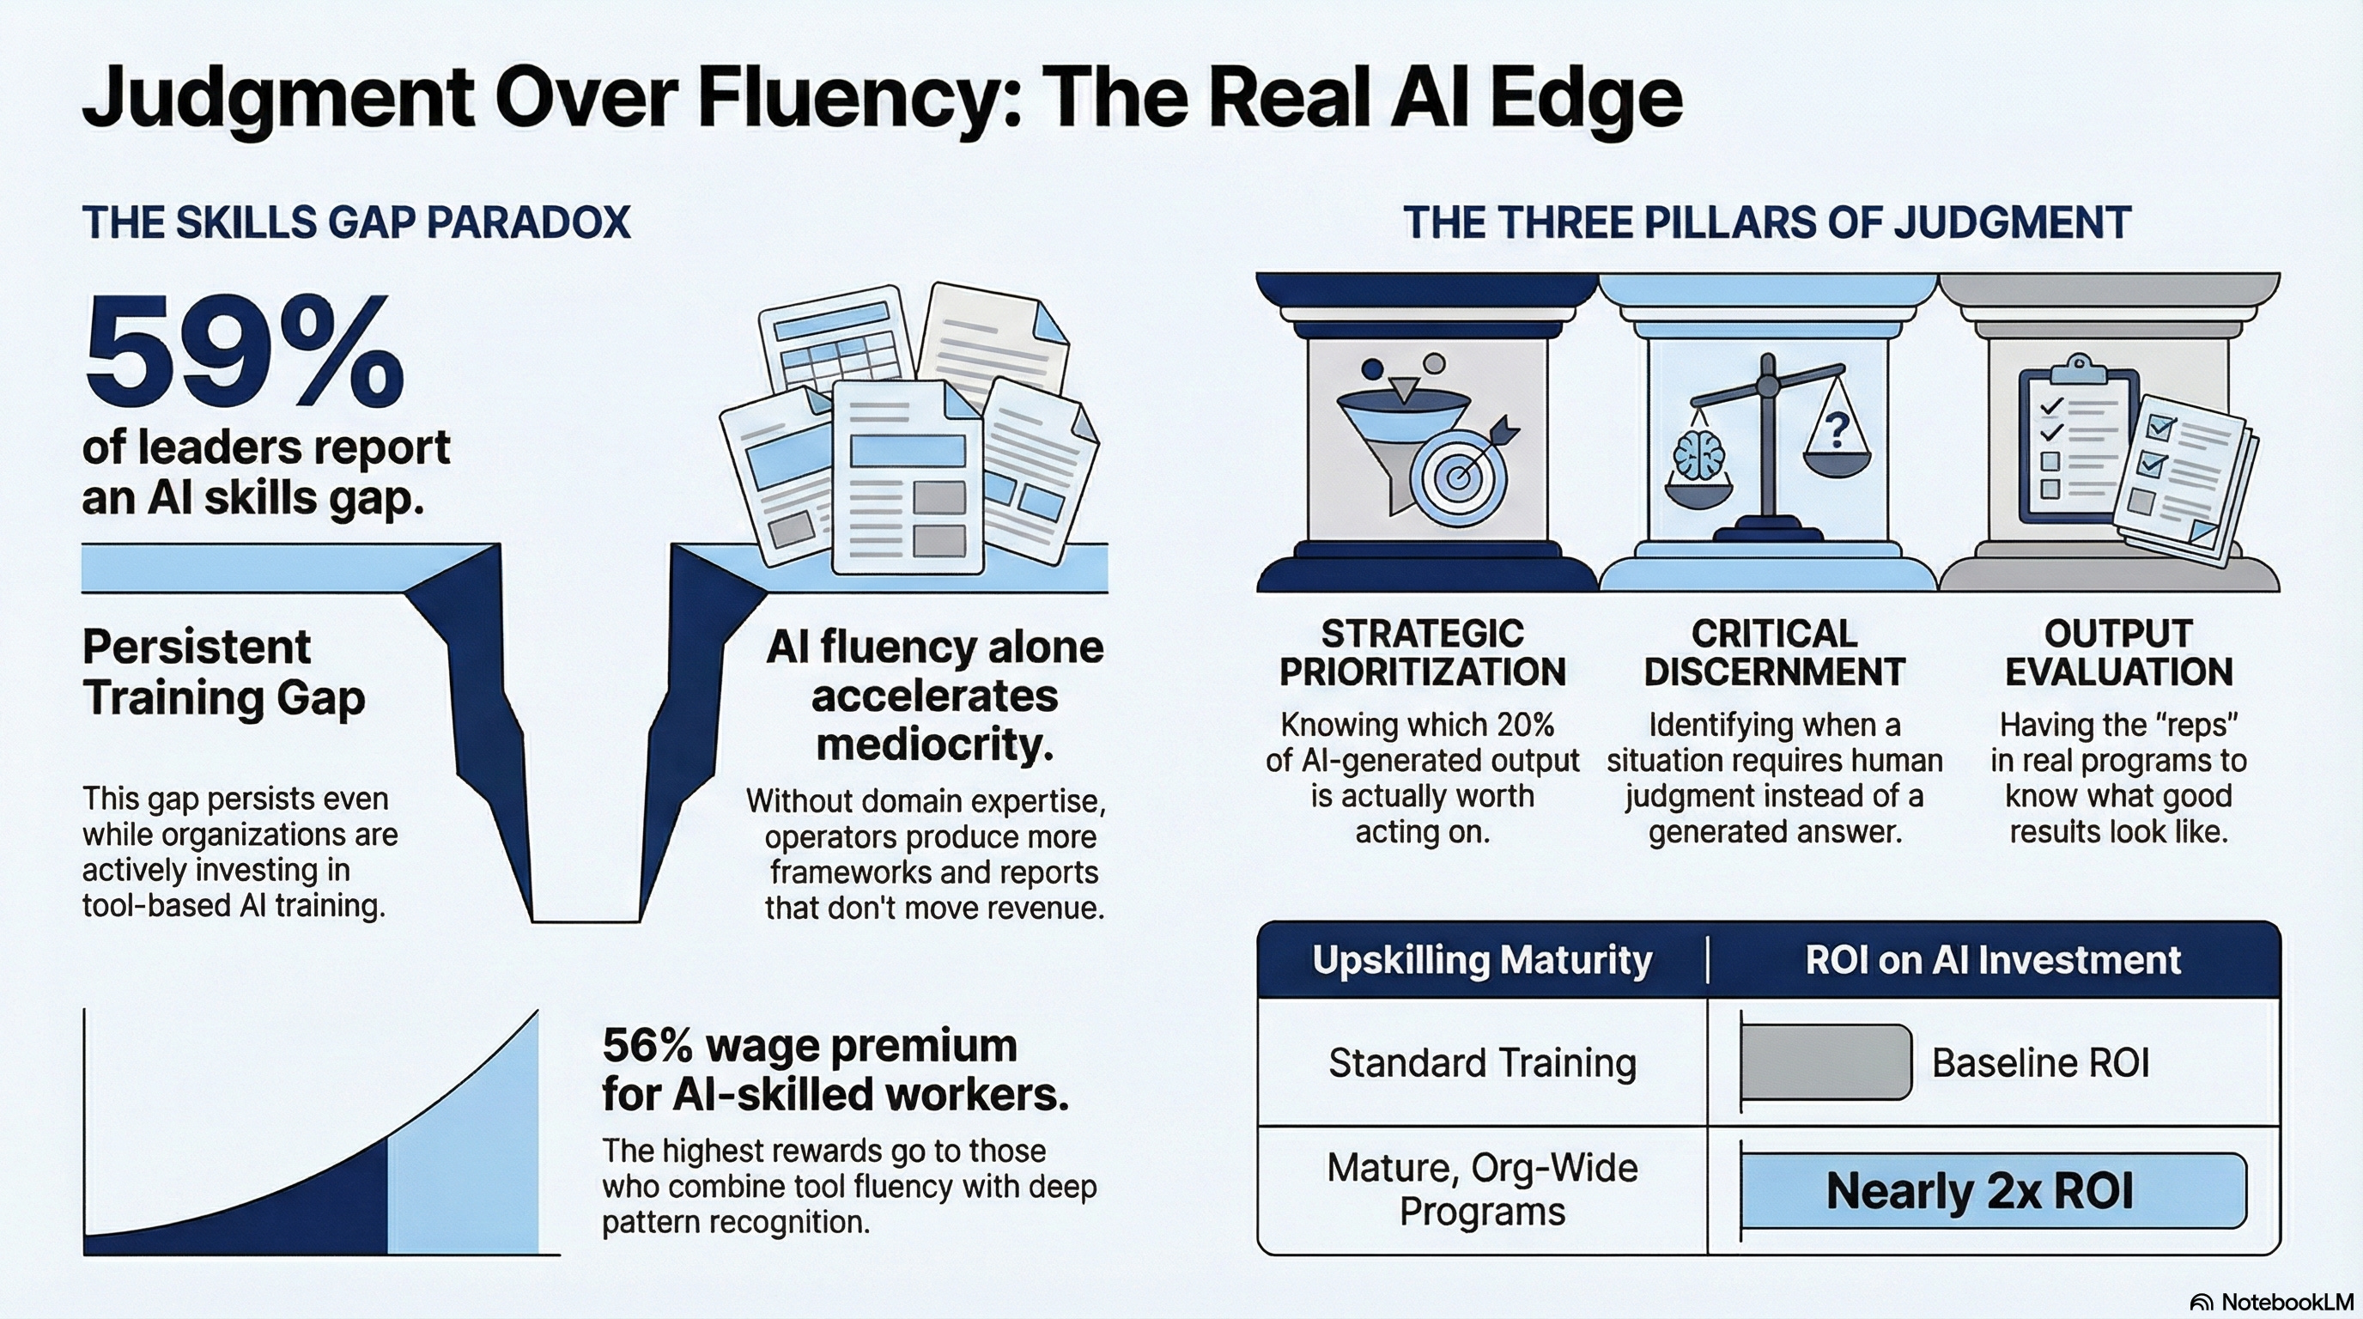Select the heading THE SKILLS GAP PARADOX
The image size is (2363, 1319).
[x=356, y=223]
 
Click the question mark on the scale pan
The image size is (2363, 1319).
[x=1837, y=429]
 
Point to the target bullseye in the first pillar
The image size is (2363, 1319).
[x=1456, y=478]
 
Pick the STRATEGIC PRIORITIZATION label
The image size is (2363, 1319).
[x=1422, y=652]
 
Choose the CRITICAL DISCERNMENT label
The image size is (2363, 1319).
[x=1774, y=652]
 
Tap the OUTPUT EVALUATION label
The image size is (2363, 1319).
[x=2119, y=652]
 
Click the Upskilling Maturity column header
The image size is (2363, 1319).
[x=1481, y=960]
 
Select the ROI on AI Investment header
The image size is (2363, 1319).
[x=1992, y=960]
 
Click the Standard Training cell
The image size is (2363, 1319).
[x=1481, y=1063]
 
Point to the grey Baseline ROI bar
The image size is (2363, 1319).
[x=1825, y=1062]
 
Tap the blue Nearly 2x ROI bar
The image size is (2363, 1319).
[x=1992, y=1190]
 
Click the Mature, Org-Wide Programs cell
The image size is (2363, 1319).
[x=1481, y=1189]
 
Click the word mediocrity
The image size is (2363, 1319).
[x=934, y=744]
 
